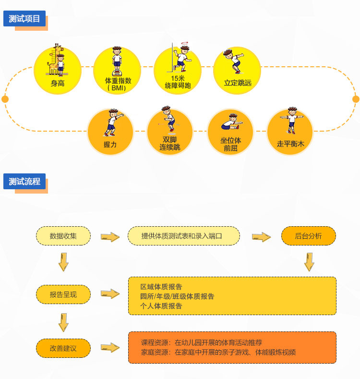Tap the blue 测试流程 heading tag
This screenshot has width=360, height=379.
(x=24, y=182)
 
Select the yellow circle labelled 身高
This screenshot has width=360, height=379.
(x=58, y=70)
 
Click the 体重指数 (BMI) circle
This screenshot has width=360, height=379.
(x=117, y=70)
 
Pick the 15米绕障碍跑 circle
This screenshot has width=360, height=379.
(x=178, y=70)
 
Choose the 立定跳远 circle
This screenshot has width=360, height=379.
(x=237, y=70)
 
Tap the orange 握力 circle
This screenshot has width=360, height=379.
(x=110, y=132)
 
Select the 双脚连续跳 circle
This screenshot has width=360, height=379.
(x=170, y=132)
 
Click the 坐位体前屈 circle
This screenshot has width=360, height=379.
(x=230, y=132)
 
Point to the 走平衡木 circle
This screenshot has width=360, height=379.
(x=290, y=132)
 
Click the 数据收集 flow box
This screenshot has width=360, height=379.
(x=63, y=236)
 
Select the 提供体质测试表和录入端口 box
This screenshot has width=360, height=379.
(x=183, y=236)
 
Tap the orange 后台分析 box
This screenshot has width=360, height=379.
(x=308, y=236)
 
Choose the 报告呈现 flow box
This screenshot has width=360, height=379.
(x=63, y=294)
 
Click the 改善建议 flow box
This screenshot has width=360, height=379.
(x=63, y=348)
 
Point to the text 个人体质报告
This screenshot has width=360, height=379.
(x=161, y=306)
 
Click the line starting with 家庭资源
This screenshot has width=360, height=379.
(x=218, y=352)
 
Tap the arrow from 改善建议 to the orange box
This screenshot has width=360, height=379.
(x=110, y=348)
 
